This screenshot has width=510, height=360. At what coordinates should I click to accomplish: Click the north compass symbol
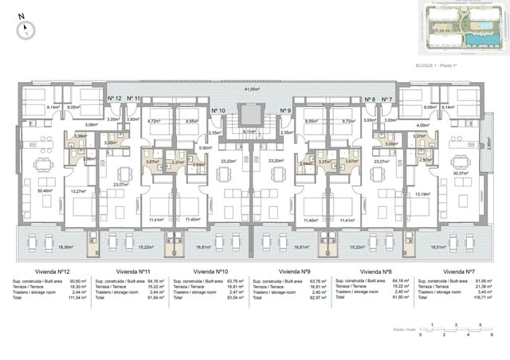[x=28, y=29]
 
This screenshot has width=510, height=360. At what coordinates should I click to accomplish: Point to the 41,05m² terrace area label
[x=252, y=89]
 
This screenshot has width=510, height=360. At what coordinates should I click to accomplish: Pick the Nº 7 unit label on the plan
[x=386, y=100]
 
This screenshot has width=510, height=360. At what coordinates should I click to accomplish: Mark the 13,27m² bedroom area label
[x=79, y=191]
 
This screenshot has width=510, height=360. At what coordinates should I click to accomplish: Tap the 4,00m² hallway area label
[x=423, y=125]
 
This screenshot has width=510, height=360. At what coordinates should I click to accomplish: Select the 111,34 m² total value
[x=76, y=298]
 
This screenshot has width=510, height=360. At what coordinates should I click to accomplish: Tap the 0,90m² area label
[x=205, y=148]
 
